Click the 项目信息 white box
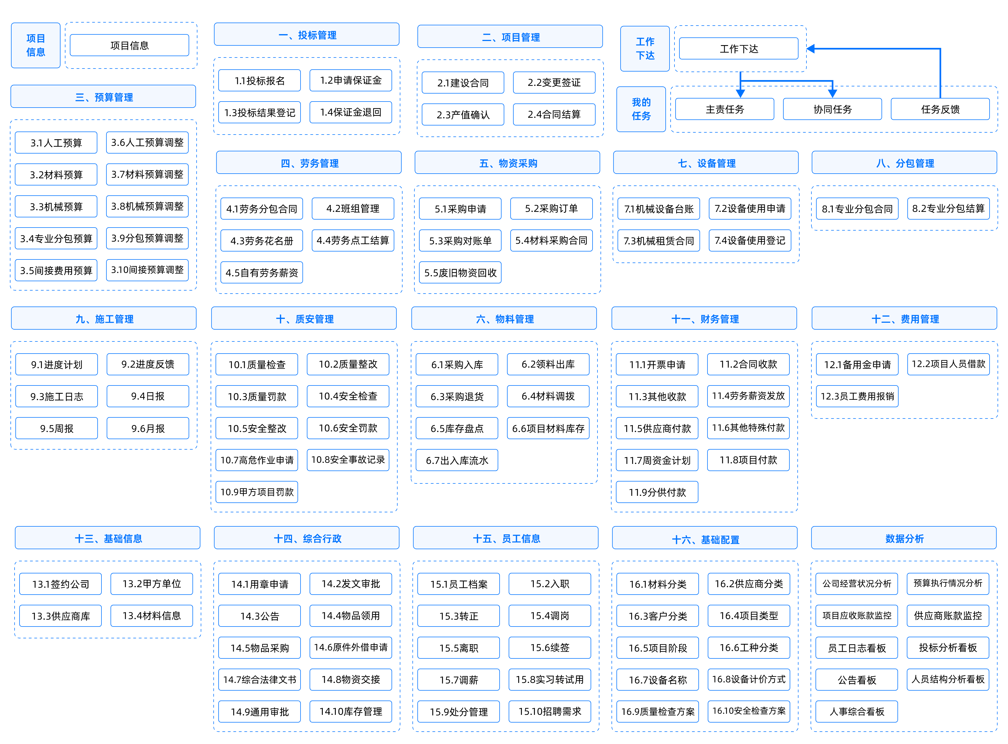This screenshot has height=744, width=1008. point(130,45)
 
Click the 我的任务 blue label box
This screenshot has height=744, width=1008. point(641,109)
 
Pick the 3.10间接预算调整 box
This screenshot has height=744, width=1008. point(147,270)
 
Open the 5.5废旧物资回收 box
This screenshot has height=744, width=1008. point(460,272)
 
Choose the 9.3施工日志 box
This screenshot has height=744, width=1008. point(57,396)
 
